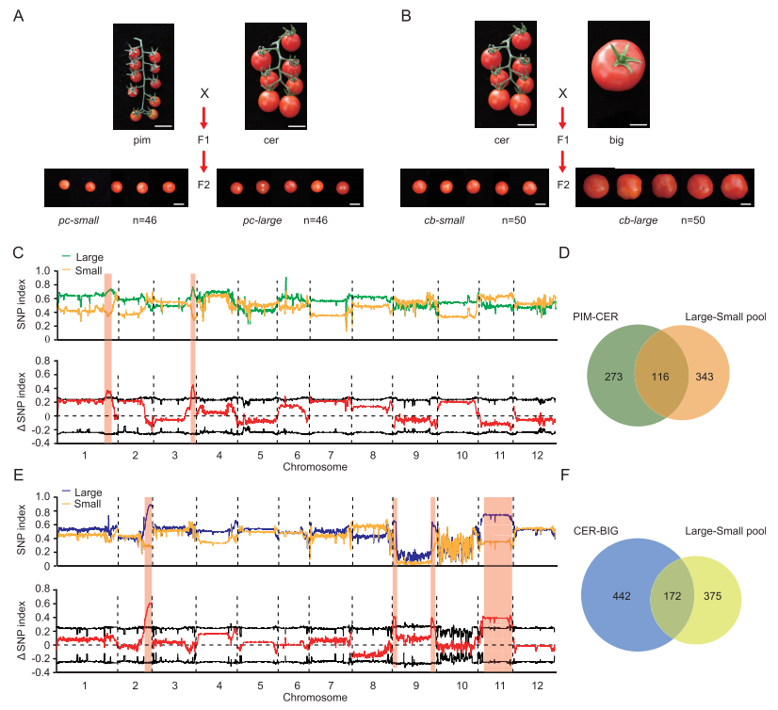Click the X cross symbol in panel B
click(x=562, y=94)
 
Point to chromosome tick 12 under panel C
click(x=536, y=455)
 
